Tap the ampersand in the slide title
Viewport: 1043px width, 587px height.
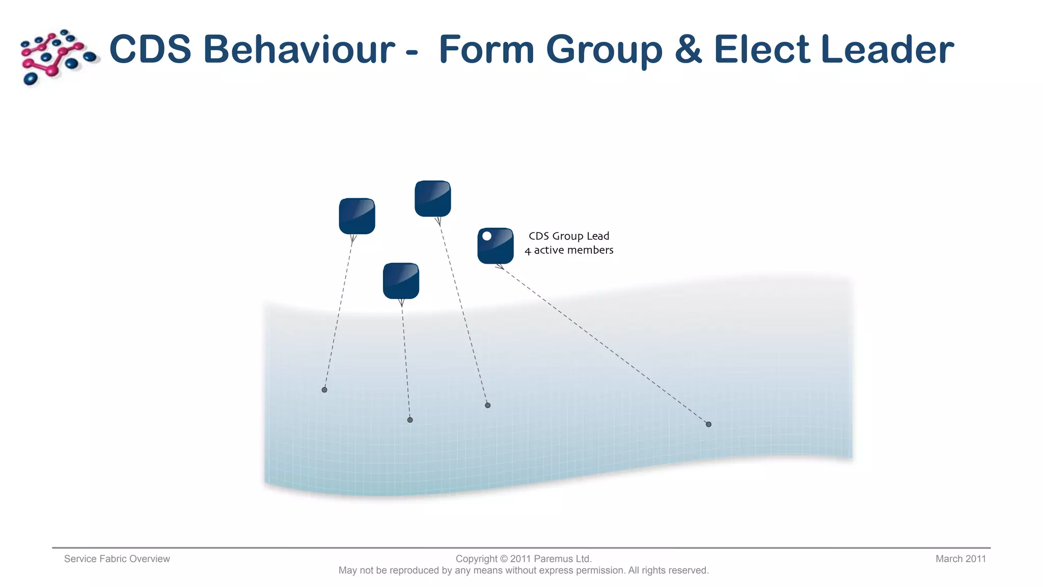tap(688, 49)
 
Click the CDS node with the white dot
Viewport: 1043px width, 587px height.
tap(496, 246)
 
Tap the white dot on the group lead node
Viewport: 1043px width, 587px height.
tap(487, 236)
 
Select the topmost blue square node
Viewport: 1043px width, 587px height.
tap(433, 198)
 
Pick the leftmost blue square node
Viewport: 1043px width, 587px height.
tap(357, 216)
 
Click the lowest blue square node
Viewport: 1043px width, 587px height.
tap(401, 281)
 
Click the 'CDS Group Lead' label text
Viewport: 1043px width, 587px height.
tap(569, 236)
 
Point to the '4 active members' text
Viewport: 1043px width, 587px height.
tap(569, 250)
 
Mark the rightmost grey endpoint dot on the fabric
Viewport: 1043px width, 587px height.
tap(708, 424)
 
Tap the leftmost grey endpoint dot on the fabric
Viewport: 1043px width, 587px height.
tap(324, 390)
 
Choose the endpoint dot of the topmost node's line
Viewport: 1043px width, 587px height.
tap(488, 405)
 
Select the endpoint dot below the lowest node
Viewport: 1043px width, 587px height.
tap(410, 420)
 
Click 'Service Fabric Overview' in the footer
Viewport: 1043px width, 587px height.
tap(117, 559)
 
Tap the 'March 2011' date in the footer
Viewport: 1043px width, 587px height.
tap(960, 559)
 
